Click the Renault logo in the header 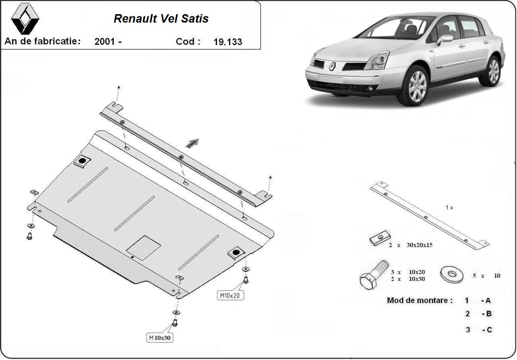[x=25, y=19]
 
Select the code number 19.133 [x=227, y=42]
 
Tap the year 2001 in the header [x=107, y=42]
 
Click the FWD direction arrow [x=193, y=143]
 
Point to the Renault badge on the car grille [x=333, y=66]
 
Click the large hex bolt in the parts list [x=373, y=275]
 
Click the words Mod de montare [x=420, y=301]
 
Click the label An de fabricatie [x=43, y=41]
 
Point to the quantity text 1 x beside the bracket [x=449, y=207]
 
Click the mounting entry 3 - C [x=478, y=330]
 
